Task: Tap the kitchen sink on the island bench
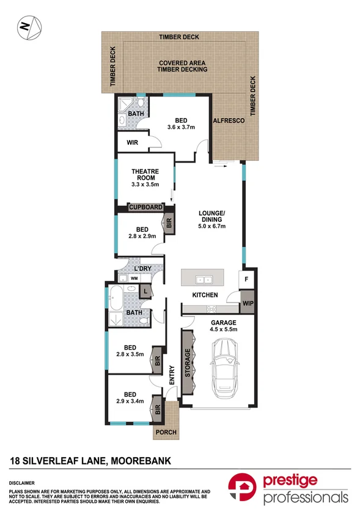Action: pos(203,280)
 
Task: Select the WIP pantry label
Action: pos(248,303)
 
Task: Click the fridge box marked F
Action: pos(247,279)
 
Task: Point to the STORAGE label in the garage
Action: pos(188,364)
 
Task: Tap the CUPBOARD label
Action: pos(145,208)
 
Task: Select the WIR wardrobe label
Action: pos(132,142)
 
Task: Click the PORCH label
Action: pos(166,432)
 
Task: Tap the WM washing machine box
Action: pos(133,278)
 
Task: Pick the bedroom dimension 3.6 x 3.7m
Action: pos(181,127)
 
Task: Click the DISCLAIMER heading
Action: pos(21,482)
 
